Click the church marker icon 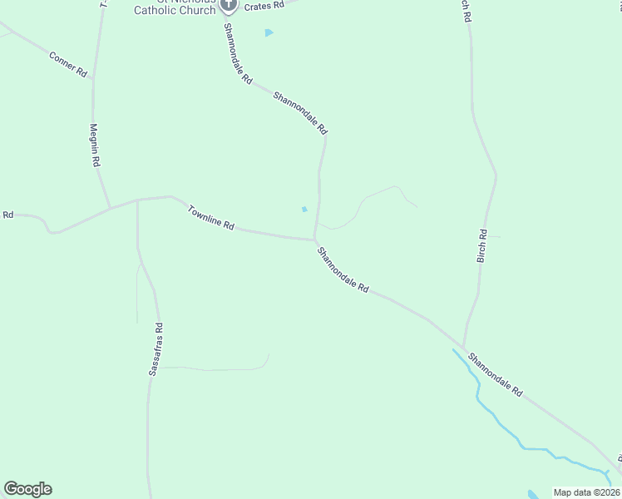click(229, 5)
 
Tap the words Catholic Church click(175, 11)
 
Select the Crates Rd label click(264, 5)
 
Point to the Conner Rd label click(68, 65)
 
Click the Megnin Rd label click(95, 146)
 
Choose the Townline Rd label click(211, 218)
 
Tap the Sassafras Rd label click(155, 349)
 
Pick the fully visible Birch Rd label click(482, 247)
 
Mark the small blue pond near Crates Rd click(269, 32)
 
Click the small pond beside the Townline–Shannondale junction click(304, 209)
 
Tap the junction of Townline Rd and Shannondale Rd click(314, 240)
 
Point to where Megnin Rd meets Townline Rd click(110, 207)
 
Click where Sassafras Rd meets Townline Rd click(137, 200)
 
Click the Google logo click(27, 489)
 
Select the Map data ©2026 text click(586, 492)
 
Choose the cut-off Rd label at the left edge click(7, 215)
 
